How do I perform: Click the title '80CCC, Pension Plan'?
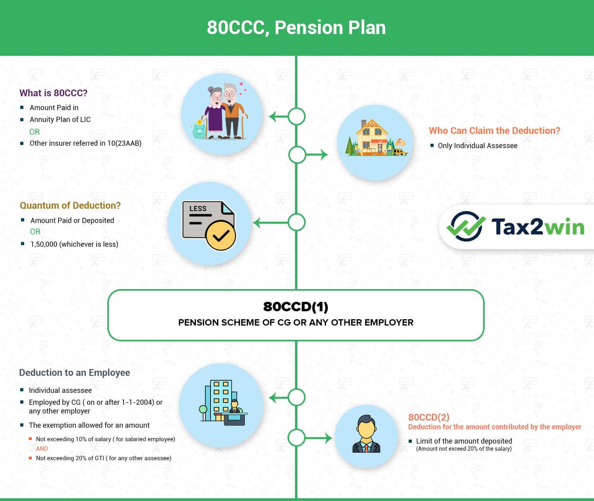[296, 28]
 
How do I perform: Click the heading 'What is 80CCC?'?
[53, 93]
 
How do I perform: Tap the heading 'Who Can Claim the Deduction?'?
[494, 131]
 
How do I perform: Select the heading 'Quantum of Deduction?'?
[70, 206]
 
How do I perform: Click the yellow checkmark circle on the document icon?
[221, 236]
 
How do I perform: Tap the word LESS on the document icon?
[198, 209]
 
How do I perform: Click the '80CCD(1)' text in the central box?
[296, 307]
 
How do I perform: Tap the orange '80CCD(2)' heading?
[428, 417]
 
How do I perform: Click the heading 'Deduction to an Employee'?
[74, 373]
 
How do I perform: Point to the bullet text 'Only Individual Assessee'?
[478, 146]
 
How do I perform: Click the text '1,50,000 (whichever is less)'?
[74, 244]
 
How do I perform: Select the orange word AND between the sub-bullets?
[42, 449]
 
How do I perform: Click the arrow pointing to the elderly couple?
[278, 117]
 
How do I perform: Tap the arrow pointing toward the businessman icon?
[319, 438]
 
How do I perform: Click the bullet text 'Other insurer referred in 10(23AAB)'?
[86, 143]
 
